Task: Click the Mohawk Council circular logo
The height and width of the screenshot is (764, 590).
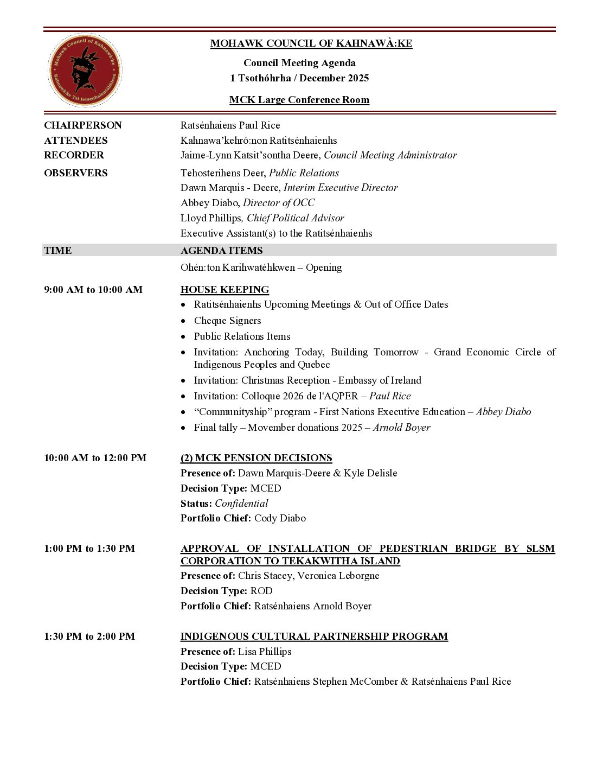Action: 85,71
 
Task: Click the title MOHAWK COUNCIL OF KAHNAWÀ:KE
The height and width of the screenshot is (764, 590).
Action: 311,43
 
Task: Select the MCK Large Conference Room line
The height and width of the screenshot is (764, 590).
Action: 299,100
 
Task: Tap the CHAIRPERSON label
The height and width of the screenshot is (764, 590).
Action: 83,125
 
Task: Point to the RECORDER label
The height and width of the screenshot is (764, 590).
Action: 74,155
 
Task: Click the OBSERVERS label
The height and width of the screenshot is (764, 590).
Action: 76,173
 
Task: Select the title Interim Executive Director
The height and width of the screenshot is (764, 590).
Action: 341,188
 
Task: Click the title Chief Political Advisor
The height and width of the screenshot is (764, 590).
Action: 296,218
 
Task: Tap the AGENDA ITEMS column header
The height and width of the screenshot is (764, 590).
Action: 221,251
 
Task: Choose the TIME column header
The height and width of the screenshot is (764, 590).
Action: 58,251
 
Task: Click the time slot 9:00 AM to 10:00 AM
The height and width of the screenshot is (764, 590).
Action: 93,290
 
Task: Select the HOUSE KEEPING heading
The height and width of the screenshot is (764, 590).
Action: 225,290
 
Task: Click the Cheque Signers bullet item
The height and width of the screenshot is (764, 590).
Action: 227,321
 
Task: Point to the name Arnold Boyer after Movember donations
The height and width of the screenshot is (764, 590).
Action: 401,428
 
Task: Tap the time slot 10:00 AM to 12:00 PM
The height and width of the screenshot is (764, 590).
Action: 95,458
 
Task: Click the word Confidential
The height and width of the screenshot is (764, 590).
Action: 241,504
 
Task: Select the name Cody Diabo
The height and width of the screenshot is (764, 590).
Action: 280,518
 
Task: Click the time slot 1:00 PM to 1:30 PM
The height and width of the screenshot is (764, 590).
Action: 89,549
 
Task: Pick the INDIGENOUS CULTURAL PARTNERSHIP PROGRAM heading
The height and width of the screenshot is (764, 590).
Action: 314,636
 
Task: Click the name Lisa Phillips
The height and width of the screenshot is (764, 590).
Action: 265,652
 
